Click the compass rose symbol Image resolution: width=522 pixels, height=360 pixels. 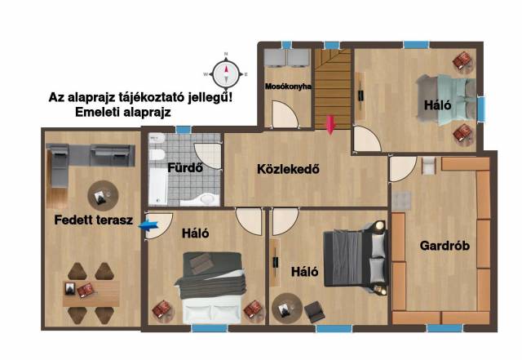coord(226,73)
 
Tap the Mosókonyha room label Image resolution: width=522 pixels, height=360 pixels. coord(288,87)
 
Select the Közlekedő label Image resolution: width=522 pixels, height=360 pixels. coord(288,169)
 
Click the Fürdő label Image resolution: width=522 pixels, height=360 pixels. coord(185,167)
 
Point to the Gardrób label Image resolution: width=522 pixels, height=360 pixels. coord(445,246)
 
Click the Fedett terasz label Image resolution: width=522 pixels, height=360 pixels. coord(94,220)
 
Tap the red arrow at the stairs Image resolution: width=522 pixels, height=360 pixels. coord(330,125)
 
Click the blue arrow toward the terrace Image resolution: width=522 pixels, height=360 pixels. coord(148,225)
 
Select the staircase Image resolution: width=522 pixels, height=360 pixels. coord(333,89)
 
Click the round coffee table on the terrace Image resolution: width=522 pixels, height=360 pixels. coord(103,196)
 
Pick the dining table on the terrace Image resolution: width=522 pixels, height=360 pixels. coord(91,293)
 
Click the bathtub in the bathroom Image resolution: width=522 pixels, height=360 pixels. coord(157,186)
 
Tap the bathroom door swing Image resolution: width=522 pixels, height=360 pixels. coord(208,156)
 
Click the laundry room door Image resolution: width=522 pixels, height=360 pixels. coord(285,114)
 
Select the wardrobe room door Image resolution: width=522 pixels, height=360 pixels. coord(403,169)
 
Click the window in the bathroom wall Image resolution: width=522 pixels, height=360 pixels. coord(184,129)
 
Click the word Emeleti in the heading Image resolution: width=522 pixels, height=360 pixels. coord(97,112)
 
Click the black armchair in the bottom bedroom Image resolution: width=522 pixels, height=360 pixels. coord(315,312)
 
